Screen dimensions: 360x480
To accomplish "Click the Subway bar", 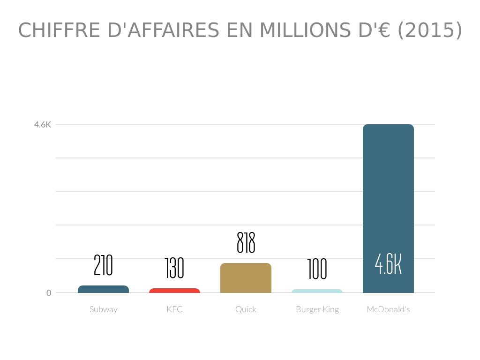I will [103, 289].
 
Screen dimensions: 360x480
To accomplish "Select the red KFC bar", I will [174, 291].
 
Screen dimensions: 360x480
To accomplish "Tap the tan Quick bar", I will [246, 278].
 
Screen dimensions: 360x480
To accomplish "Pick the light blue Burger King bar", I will [317, 291].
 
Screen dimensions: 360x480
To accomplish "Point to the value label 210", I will [103, 265].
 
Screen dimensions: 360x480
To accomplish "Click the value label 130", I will [174, 269].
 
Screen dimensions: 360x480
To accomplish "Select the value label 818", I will [246, 243].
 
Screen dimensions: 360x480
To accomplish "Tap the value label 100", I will [317, 270].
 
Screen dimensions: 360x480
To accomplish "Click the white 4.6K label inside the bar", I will [388, 264].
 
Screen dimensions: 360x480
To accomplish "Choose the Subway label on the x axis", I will [103, 309].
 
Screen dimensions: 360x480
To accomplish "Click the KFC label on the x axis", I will [174, 309].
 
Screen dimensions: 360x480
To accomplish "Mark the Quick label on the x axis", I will [246, 309].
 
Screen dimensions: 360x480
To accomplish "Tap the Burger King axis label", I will [317, 309].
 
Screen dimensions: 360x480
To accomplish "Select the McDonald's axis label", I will [388, 309].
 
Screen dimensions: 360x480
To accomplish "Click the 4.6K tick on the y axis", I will [42, 125].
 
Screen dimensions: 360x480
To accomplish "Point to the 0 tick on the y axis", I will [49, 293].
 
